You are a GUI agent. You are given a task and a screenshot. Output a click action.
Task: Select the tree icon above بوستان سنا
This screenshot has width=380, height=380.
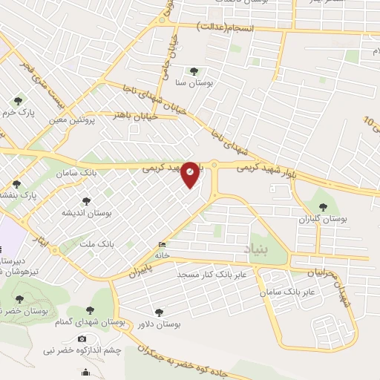point(194,72)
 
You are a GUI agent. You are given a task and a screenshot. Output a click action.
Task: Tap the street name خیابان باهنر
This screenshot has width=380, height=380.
point(135,115)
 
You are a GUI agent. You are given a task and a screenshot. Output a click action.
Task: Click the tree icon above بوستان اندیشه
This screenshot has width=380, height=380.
point(86,200)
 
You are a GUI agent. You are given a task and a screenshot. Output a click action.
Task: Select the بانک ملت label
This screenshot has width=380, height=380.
point(96,243)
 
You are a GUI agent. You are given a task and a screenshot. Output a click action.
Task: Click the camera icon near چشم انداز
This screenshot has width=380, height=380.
point(82,338)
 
